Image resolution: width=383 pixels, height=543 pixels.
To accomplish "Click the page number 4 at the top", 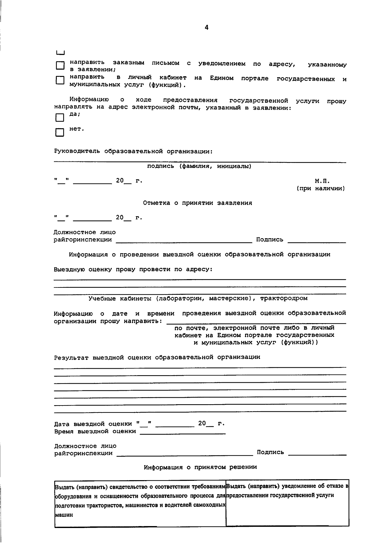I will pyautogui.click(x=207, y=28).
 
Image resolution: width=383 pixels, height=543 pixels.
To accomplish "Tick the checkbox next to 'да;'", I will pyautogui.click(x=60, y=118).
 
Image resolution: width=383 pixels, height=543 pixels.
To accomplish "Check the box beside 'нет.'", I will pyautogui.click(x=60, y=132).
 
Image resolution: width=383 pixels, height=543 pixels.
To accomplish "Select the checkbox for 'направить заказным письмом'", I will pyautogui.click(x=60, y=66).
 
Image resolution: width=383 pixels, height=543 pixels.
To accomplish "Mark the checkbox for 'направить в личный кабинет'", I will pyautogui.click(x=60, y=80).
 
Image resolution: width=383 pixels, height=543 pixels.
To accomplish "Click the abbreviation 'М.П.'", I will pyautogui.click(x=322, y=181).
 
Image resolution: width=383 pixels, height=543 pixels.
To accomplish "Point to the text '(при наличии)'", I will pyautogui.click(x=321, y=189).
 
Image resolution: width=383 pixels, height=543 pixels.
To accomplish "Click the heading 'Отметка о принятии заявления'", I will pyautogui.click(x=198, y=203).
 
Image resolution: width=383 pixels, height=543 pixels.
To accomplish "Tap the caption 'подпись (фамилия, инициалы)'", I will pyautogui.click(x=199, y=167).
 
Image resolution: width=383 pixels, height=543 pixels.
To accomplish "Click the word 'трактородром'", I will pyautogui.click(x=284, y=299).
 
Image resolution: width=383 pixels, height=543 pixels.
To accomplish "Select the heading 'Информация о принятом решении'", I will pyautogui.click(x=200, y=467).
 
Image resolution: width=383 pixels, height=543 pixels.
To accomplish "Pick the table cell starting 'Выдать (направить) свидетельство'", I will pyautogui.click(x=140, y=501).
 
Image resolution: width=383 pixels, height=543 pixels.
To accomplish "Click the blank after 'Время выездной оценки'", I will pyautogui.click(x=183, y=432).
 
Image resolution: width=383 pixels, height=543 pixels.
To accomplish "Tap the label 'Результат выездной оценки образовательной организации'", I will pyautogui.click(x=157, y=357).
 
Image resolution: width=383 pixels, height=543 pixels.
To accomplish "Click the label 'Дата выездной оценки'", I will pyautogui.click(x=93, y=424).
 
